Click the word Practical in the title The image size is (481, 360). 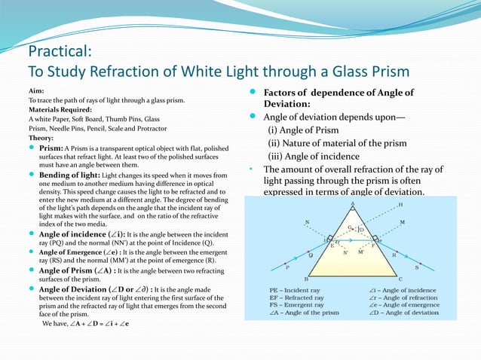click(60, 52)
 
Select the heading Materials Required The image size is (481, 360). click(57, 109)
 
